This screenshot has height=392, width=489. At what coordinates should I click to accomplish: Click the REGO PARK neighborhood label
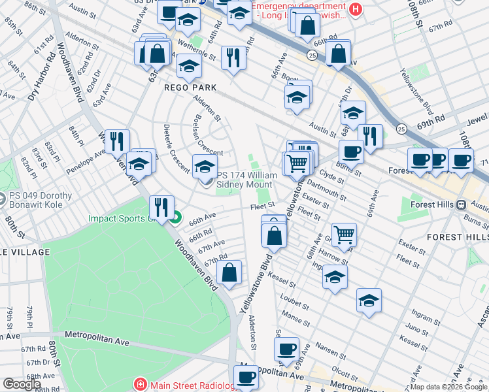195,88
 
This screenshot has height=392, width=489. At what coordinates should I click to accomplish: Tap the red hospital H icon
355,8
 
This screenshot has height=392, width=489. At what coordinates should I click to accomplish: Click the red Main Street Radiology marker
139,384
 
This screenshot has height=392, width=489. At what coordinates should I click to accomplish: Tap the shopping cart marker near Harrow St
344,234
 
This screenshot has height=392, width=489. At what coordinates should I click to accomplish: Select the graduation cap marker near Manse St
369,301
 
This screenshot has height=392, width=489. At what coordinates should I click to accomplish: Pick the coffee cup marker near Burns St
351,152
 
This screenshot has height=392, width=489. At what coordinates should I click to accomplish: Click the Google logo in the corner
22,384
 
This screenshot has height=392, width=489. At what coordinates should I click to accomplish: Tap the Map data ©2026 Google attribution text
448,387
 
